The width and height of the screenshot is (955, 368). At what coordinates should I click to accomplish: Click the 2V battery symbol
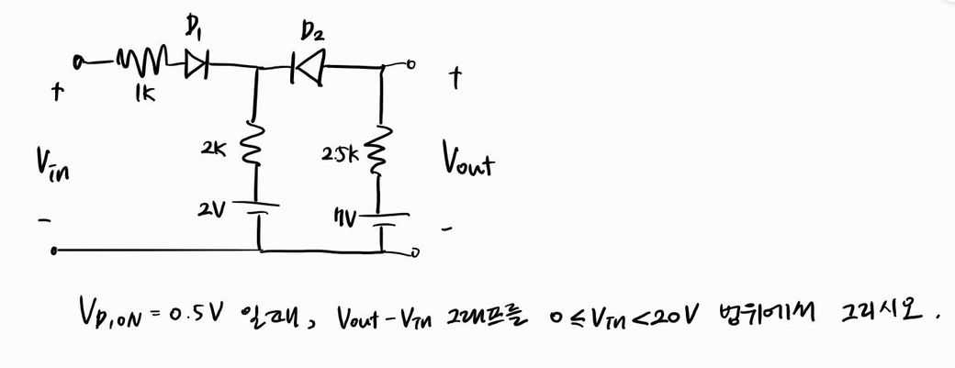point(259,212)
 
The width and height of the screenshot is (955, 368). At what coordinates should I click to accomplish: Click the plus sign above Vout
point(453,80)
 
